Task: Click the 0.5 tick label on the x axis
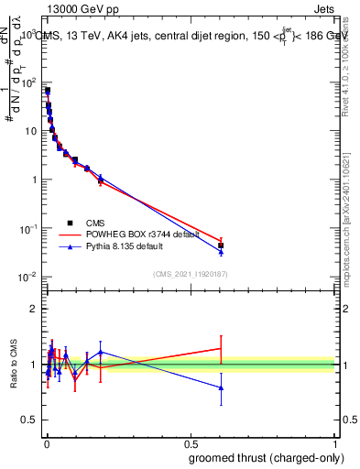pyautogui.click(x=191, y=443)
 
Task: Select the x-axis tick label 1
pyautogui.click(x=335, y=443)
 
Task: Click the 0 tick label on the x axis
pyautogui.click(x=47, y=443)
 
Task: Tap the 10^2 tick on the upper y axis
pyautogui.click(x=29, y=82)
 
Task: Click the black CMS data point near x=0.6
pyautogui.click(x=221, y=245)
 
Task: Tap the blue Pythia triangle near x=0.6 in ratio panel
pyautogui.click(x=221, y=387)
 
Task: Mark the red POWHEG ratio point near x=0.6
pyautogui.click(x=221, y=348)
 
